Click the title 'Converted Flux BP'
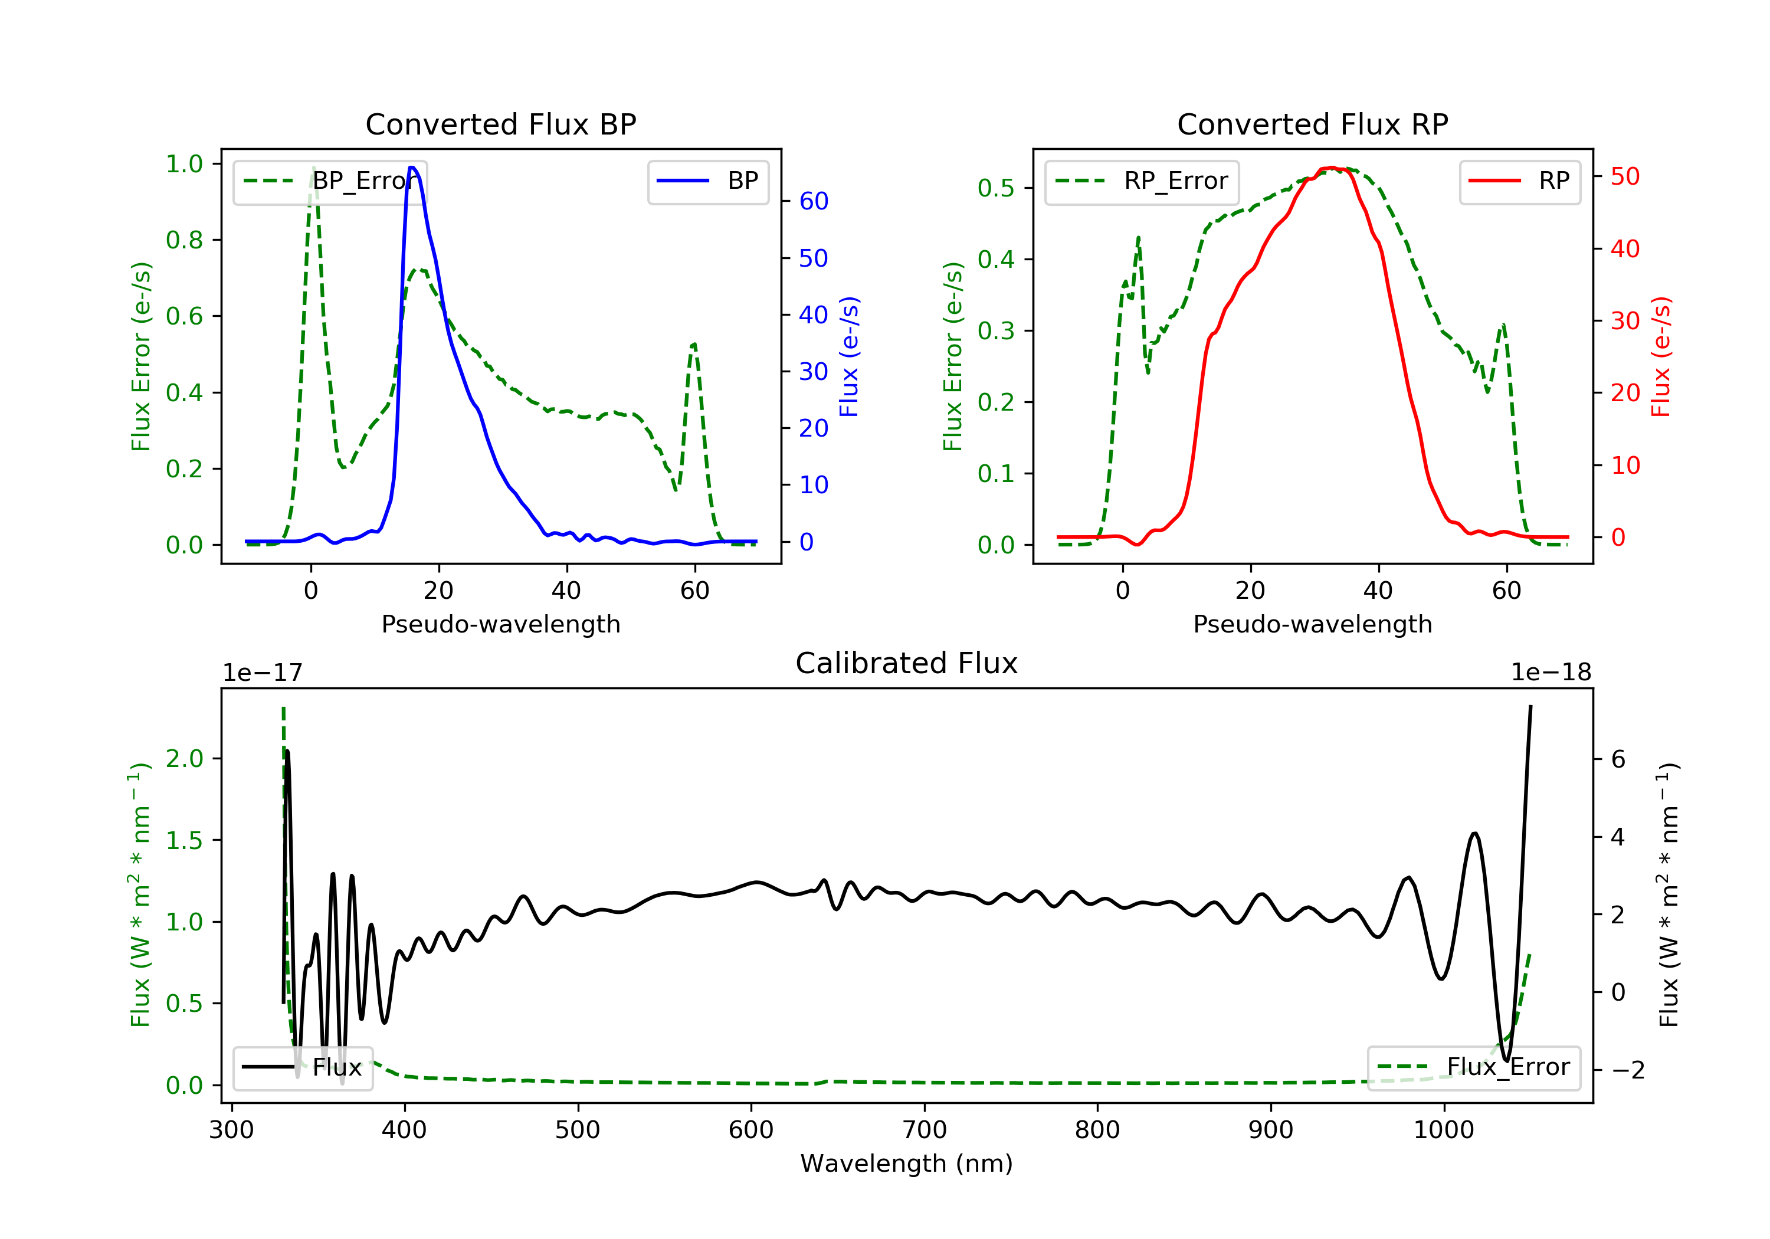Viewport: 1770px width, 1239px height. (x=500, y=124)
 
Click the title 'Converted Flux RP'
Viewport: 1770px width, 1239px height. (x=1312, y=124)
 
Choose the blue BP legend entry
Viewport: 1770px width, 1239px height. (x=707, y=181)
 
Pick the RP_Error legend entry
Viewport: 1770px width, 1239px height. (x=1142, y=181)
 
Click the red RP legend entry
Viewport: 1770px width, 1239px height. (x=1519, y=181)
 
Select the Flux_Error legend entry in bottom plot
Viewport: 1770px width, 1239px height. (x=1473, y=1067)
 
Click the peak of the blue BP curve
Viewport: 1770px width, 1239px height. (x=412, y=168)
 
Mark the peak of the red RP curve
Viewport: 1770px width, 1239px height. (x=1332, y=168)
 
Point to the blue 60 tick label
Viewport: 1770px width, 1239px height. (x=813, y=201)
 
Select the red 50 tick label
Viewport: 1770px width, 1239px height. (x=1624, y=176)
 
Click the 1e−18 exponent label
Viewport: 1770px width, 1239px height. (x=1551, y=673)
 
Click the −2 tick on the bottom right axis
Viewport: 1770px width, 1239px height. (x=1627, y=1070)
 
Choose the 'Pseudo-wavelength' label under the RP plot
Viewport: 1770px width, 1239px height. (x=1312, y=624)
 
